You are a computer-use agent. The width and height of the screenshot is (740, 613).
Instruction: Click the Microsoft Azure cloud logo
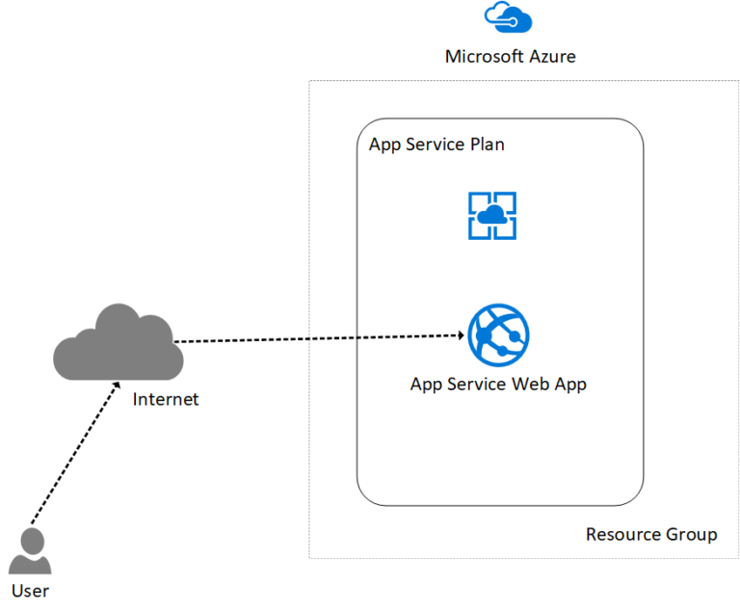[x=509, y=18]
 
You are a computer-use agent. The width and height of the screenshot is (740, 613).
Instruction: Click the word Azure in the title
[x=553, y=56]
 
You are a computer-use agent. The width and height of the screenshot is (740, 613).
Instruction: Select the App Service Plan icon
[x=492, y=215]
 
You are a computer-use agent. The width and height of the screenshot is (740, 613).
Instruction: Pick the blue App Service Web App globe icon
[x=498, y=334]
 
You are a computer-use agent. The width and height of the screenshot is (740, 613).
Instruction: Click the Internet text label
[x=166, y=398]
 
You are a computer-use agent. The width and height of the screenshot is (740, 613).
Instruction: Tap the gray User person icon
[x=30, y=552]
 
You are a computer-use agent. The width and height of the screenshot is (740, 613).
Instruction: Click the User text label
[x=30, y=590]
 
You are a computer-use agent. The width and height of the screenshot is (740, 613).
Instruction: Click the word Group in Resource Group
[x=692, y=534]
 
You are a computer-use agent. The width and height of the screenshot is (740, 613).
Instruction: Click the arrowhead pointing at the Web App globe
[x=460, y=335]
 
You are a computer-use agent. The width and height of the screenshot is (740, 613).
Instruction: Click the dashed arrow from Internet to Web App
[x=318, y=338]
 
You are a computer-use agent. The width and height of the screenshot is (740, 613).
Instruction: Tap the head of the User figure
[x=31, y=539]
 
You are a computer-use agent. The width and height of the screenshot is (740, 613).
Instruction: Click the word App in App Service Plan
[x=383, y=145]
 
